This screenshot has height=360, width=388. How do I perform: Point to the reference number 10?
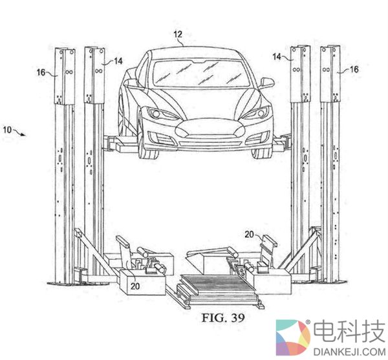[8, 131]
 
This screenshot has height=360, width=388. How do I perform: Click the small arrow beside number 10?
[21, 134]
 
